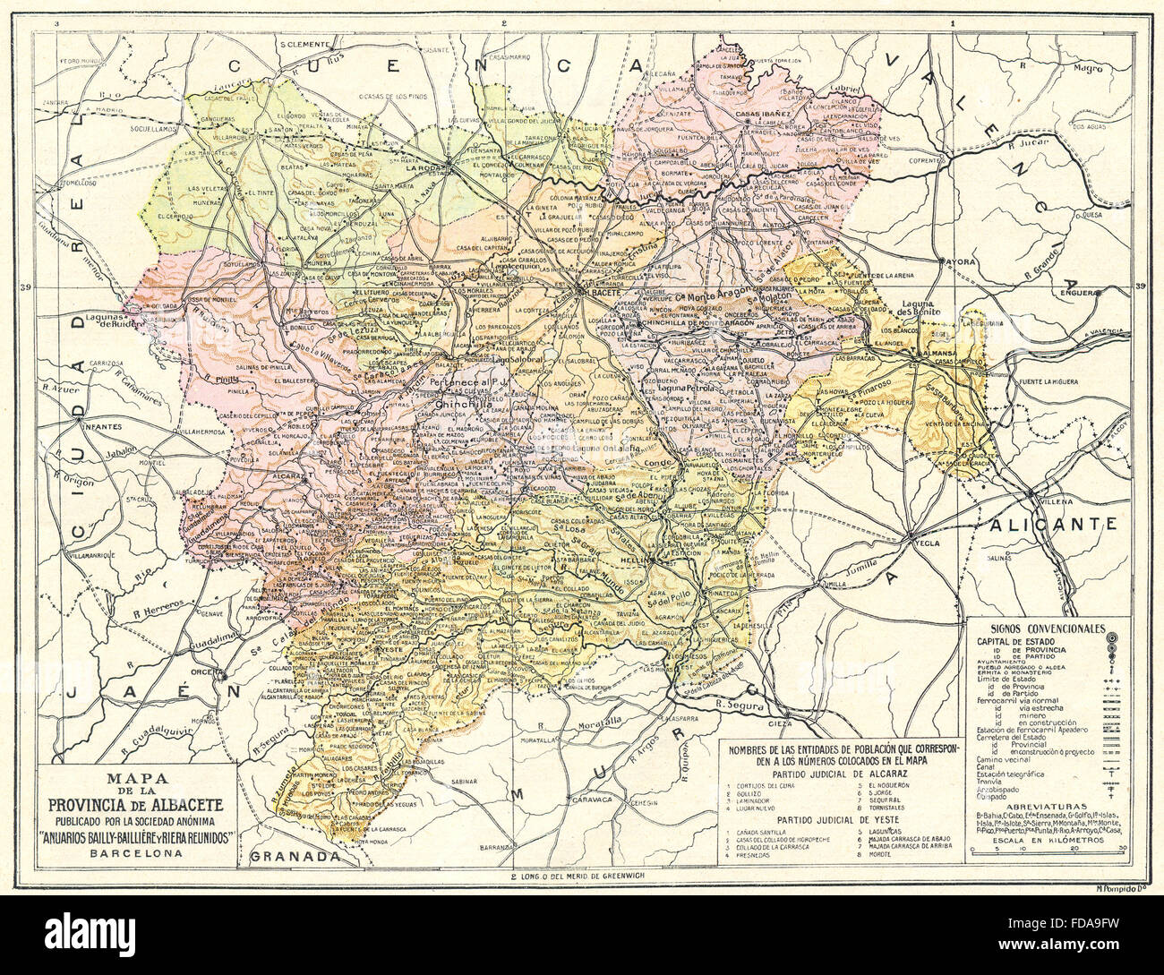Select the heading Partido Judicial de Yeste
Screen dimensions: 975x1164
pos(836,818)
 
